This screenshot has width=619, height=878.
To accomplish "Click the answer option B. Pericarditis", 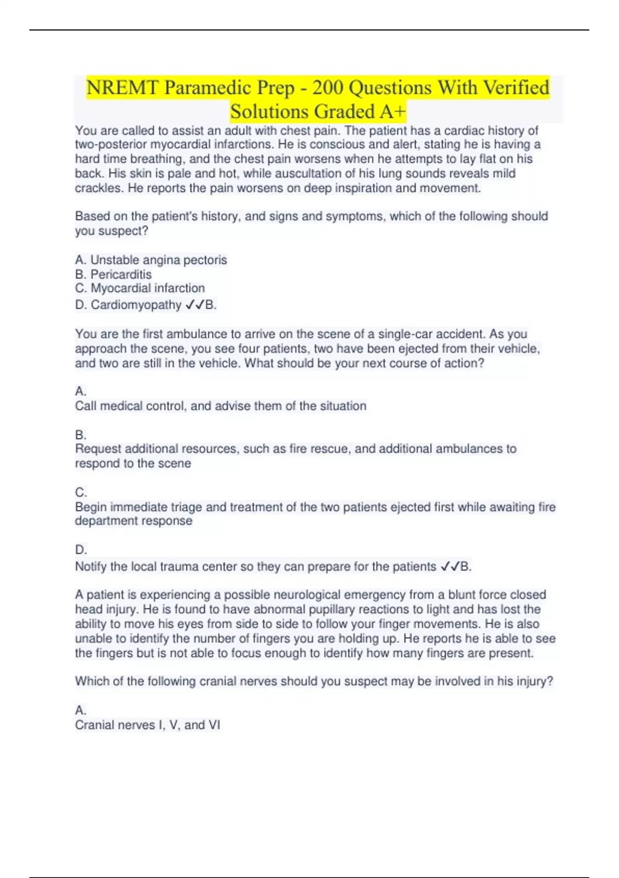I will coord(113,274).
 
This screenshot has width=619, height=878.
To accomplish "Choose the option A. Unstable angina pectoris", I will coord(151,260).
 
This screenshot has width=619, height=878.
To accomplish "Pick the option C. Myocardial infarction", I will coord(140,288).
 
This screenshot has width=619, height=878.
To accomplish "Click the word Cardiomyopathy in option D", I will coord(136,305).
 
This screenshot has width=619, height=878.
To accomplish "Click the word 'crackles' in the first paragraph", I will coord(99,188).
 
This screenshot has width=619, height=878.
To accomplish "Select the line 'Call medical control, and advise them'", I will coord(220,406).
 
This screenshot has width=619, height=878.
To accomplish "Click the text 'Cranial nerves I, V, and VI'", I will coord(148,725).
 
